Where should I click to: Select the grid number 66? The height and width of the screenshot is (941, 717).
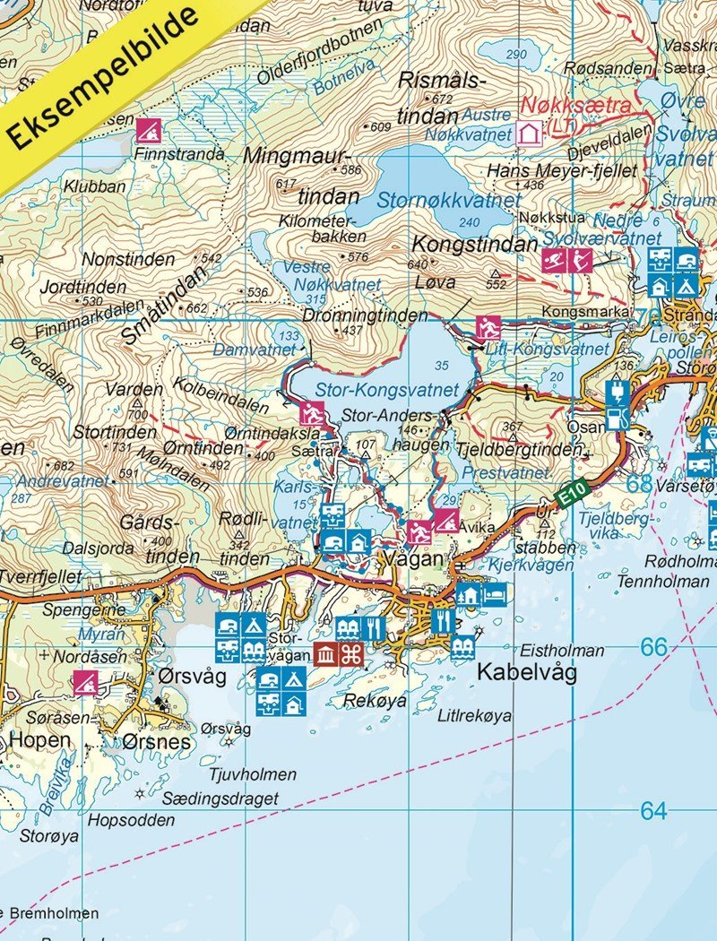tap(654, 646)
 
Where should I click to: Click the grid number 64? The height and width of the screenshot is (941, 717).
tap(654, 811)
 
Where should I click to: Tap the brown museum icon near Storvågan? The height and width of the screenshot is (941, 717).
tap(325, 655)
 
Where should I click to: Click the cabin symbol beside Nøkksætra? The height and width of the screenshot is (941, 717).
tap(529, 134)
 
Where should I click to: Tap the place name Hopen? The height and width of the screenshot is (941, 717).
tap(39, 740)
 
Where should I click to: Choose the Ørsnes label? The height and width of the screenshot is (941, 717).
tap(157, 742)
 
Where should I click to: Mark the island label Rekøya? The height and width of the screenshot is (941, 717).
tap(376, 700)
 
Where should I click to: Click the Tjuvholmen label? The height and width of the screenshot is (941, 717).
tap(252, 774)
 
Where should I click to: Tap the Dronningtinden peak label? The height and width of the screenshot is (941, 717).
tap(353, 315)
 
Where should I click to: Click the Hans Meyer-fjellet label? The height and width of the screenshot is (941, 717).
tap(561, 170)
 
